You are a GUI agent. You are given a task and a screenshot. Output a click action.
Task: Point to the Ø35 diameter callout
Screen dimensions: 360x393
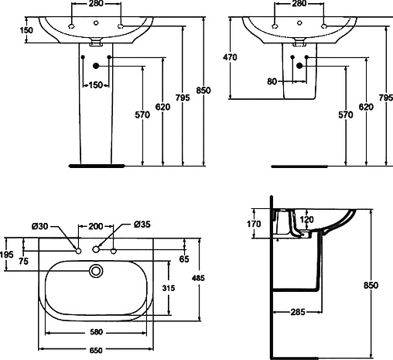[x=142, y=225]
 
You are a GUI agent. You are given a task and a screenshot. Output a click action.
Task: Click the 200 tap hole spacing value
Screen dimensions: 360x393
[x=95, y=226]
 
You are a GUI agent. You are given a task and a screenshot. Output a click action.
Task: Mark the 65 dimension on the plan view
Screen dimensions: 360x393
[x=183, y=259]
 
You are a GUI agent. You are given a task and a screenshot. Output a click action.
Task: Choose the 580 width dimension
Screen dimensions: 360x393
[x=96, y=332]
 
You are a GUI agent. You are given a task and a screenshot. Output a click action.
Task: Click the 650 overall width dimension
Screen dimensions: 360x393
[x=96, y=349]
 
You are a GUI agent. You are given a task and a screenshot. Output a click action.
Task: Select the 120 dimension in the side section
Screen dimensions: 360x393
[x=306, y=219]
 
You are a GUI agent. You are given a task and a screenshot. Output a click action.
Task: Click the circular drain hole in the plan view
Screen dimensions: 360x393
[x=97, y=271]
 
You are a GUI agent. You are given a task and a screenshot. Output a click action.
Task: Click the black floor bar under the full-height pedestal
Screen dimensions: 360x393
[x=96, y=165]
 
